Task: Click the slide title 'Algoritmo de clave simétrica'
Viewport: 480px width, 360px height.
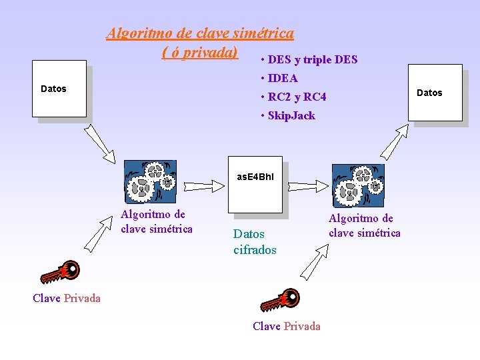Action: point(200,33)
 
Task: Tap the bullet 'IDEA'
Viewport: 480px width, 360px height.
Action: point(283,78)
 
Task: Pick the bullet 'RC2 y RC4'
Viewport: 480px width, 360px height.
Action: point(297,97)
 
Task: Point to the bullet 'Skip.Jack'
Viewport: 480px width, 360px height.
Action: point(291,115)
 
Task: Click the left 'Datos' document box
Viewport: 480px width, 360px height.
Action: point(59,89)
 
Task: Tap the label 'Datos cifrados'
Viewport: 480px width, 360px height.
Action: point(255,242)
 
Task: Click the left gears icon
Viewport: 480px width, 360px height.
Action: point(151,180)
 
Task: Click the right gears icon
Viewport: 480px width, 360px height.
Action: point(359,185)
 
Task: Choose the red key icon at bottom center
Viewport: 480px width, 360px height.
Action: point(280,301)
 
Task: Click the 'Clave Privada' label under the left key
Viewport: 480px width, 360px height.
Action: point(67,298)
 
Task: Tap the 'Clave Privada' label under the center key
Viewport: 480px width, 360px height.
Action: point(287,326)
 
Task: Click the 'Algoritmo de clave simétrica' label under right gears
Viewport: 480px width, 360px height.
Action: point(365,225)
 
